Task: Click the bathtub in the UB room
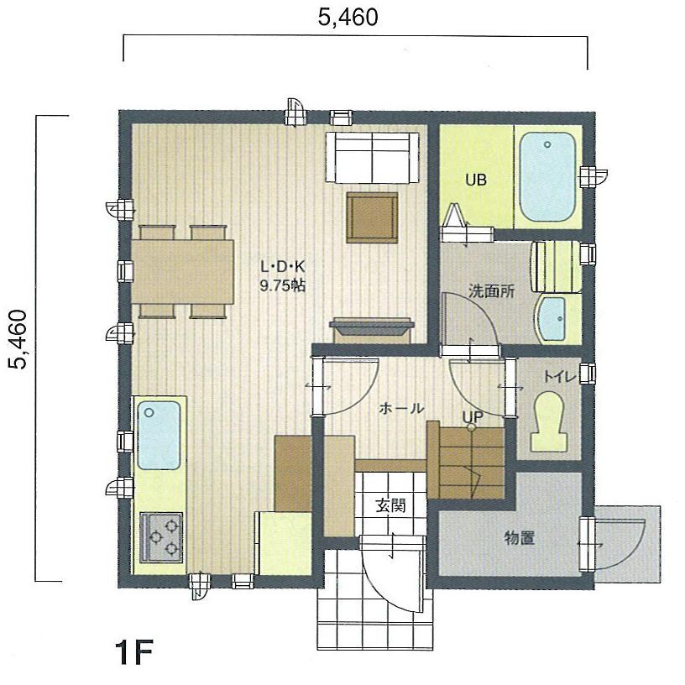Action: click(546, 177)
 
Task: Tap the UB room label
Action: click(477, 180)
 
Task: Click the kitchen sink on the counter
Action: click(159, 435)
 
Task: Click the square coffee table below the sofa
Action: click(372, 217)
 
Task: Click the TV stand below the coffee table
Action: click(373, 328)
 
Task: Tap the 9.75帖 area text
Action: click(282, 285)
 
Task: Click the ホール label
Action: click(401, 408)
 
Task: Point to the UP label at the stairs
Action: click(472, 416)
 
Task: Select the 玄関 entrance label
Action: click(390, 505)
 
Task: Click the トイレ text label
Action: click(560, 377)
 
